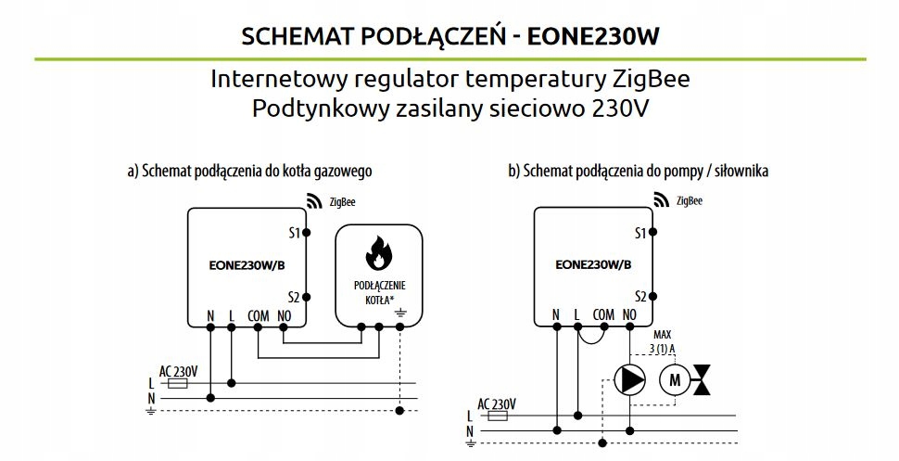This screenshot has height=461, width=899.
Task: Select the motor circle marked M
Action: pos(675,378)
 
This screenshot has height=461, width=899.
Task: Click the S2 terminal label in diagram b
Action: pos(640,297)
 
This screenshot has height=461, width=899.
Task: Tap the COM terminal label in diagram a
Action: pos(259,316)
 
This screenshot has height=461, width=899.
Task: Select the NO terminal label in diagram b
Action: pos(630,315)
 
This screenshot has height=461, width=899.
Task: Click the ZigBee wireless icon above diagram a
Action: pos(311,198)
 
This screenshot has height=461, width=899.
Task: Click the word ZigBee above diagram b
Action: pos(689,199)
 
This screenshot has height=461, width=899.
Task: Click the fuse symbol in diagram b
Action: pos(498,416)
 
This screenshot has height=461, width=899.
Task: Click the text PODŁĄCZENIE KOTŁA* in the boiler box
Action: pos(380,291)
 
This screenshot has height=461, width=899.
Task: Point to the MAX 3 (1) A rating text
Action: pos(664,341)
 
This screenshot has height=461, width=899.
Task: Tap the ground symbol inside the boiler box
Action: pos(399,315)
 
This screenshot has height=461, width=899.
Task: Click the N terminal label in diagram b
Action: pos(555,315)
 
